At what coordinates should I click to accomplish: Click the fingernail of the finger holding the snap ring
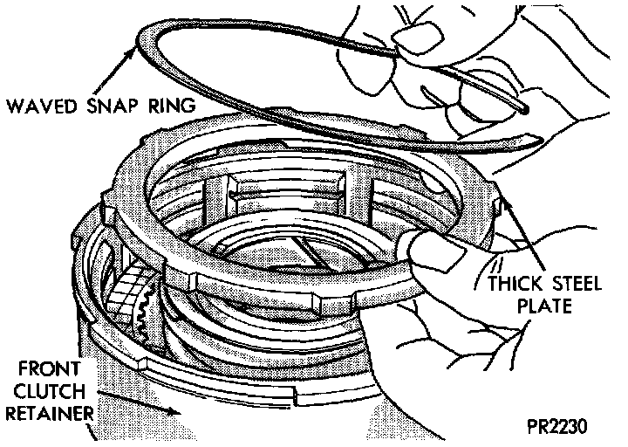tap(405, 37)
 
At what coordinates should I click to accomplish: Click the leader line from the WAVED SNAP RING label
tap(121, 77)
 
